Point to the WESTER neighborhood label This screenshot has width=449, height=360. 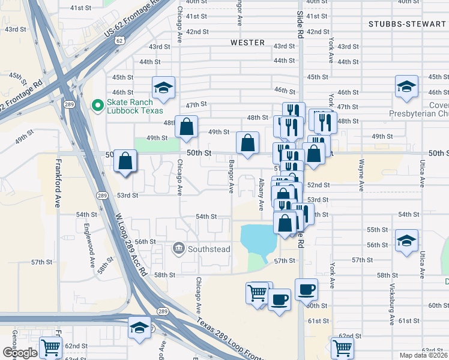point(247,43)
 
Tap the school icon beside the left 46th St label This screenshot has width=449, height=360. point(163,88)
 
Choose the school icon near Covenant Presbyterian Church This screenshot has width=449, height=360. point(406,86)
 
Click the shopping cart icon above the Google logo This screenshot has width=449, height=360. point(50,347)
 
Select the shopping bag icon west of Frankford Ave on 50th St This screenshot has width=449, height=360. point(125,161)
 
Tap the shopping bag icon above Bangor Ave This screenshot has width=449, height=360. point(247,143)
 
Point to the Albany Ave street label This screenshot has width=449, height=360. point(261,194)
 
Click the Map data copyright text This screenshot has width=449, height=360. point(424,355)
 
